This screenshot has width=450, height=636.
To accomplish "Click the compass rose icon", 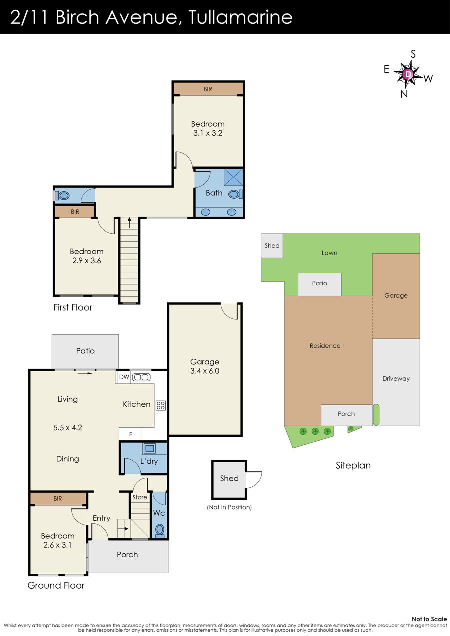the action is coord(408,74).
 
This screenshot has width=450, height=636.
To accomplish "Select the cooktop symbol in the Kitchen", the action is coord(161,405).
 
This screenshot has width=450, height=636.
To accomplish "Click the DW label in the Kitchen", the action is coord(124,377).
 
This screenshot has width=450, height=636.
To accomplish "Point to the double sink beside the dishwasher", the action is coord(141,377).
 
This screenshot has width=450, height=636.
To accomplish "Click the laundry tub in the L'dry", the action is coord(149,448).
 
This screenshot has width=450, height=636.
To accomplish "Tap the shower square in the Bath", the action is coord(233,177).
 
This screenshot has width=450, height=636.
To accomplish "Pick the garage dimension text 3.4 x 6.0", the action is coord(205,371).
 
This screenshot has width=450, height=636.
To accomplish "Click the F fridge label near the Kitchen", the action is coord(131,434).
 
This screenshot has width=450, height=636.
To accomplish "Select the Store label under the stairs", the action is coord(140,497).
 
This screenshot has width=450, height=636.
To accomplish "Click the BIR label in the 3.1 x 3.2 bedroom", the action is coord(208,89).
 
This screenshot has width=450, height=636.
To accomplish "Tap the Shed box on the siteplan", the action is coord(272,246).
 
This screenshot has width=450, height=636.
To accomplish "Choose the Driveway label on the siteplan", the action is coord(396,379).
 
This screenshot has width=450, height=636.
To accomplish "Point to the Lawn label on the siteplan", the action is coord(329,253).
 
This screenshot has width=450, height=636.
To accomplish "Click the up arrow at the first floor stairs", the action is coord(129,222).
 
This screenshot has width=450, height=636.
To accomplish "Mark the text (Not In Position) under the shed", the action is coord(229,507).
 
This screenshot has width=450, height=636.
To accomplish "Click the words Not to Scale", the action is coord(429,619).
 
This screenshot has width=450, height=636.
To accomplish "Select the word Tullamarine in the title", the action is coord(241,17).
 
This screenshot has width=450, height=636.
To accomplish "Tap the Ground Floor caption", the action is coord(56,585).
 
